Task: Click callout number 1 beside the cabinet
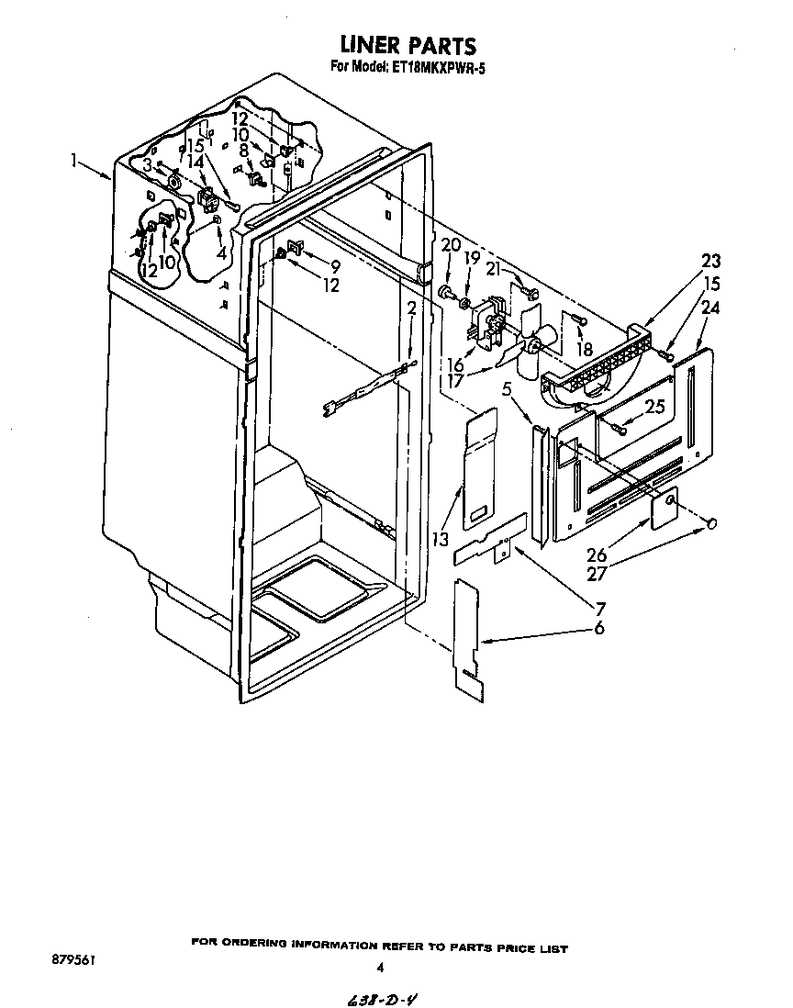(x=73, y=161)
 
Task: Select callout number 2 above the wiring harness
(x=412, y=308)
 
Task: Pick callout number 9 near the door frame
(x=335, y=266)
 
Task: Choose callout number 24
(x=709, y=308)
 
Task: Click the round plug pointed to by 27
(x=710, y=523)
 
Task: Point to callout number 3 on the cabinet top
(x=147, y=164)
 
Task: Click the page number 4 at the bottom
(x=380, y=966)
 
